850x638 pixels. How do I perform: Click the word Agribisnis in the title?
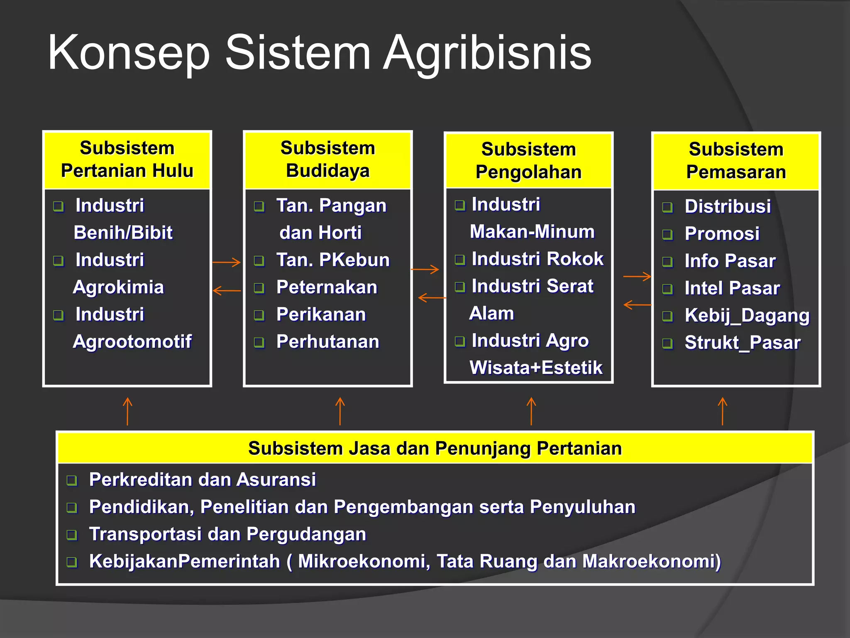coord(486,53)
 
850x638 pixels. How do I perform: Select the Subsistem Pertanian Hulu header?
coord(127,160)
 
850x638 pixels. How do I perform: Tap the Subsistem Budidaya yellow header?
coord(327,160)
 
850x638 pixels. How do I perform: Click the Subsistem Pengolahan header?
coord(528,161)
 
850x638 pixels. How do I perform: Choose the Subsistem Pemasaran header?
coord(736,161)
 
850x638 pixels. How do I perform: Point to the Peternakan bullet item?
coord(327,287)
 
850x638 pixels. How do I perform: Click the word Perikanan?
coord(321,314)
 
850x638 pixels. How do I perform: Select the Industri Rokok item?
coord(537,259)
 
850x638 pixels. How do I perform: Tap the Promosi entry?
coord(722,233)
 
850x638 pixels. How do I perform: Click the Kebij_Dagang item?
coord(747,315)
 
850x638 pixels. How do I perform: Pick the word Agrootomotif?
coord(132,341)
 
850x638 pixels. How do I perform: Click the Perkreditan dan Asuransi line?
coord(202,480)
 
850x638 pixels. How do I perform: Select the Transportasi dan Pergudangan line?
coord(227,534)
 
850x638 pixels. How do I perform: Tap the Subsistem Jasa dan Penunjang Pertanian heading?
coord(435,449)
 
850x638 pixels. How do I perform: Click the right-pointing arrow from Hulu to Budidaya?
coord(227,262)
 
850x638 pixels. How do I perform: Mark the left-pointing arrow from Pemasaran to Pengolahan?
coord(637,305)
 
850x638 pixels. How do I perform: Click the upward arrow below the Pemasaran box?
coord(723,411)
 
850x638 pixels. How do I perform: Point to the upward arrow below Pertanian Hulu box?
coord(127,411)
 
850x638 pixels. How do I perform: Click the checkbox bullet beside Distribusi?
coord(667,207)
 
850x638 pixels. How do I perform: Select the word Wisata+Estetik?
coord(535,368)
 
